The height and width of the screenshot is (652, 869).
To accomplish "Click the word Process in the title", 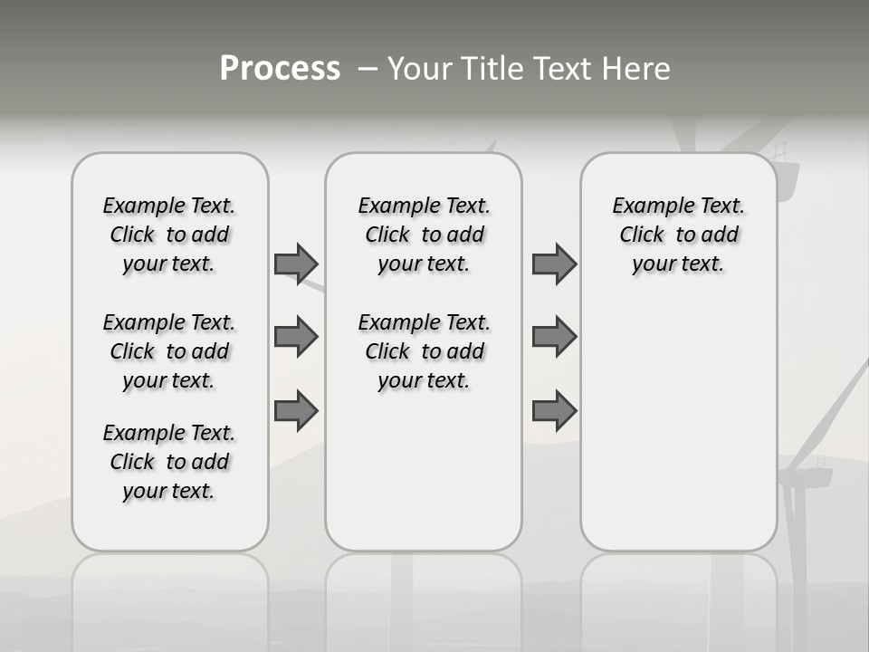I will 280,69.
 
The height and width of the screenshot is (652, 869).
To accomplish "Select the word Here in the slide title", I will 637,69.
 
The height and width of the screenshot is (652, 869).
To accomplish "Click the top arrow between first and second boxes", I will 296,264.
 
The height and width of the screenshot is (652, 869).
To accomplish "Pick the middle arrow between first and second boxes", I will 296,337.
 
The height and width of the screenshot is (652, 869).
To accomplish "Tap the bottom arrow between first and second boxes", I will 296,410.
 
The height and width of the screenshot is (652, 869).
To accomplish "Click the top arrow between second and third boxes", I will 554,264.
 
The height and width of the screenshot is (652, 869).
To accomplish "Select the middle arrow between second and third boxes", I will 554,337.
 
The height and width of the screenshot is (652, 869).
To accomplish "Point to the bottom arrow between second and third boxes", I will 554,410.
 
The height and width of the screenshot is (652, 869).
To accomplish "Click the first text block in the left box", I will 169,235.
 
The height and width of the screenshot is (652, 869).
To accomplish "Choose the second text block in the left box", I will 169,351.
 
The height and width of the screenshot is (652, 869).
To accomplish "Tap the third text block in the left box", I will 169,462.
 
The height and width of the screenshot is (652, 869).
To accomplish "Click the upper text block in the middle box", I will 424,235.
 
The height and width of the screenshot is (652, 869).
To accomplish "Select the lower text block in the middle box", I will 424,351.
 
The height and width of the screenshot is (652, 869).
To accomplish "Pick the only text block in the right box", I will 678,235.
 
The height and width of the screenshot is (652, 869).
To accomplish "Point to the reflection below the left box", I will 170,589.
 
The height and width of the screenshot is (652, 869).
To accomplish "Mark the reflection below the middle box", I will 424,589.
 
